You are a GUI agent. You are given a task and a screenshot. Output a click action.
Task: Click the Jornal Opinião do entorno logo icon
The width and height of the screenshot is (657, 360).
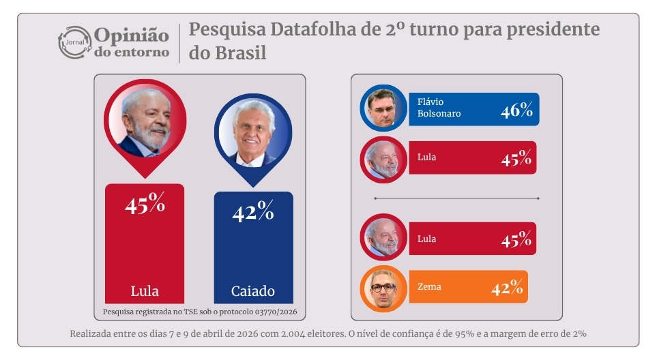point(74,42)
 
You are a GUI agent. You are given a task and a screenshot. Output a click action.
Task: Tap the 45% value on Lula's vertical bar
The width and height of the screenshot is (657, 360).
point(145,203)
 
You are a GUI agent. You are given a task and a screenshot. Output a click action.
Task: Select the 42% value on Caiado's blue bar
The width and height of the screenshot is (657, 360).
point(253,212)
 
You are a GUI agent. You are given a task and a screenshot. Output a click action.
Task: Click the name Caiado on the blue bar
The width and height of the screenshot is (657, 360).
point(253,291)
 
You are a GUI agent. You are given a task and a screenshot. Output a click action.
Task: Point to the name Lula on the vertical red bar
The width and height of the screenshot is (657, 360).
point(145,291)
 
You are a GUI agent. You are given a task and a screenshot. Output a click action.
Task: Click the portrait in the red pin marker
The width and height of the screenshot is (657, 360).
point(145,120)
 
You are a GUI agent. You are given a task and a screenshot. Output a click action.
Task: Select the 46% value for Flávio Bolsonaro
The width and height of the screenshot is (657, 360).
point(516,110)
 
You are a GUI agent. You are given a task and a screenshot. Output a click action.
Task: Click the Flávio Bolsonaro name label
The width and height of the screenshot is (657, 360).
point(439,108)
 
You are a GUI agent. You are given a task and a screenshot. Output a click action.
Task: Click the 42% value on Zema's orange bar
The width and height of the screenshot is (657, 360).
point(507,288)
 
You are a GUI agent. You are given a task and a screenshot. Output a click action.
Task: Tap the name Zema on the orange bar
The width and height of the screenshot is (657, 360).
point(429,287)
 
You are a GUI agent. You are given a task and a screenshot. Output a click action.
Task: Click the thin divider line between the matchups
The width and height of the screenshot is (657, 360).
point(456,198)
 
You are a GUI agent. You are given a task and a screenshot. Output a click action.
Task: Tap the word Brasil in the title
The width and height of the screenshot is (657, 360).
point(237,53)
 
